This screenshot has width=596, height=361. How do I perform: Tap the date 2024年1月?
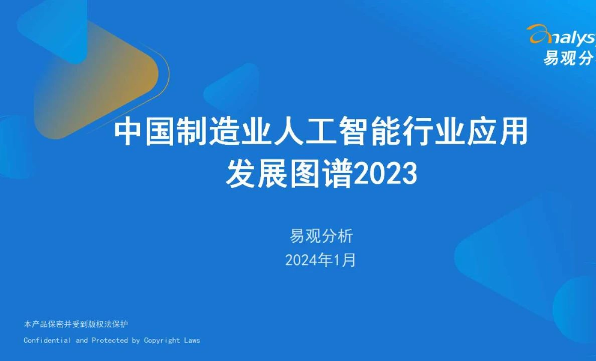(321, 260)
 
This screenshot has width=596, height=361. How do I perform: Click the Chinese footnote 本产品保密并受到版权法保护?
(76, 324)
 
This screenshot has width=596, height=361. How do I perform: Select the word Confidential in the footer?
(48, 340)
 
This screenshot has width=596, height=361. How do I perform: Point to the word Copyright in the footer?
(162, 340)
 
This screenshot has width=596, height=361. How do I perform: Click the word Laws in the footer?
(192, 340)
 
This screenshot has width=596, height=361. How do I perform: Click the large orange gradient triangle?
(95, 80)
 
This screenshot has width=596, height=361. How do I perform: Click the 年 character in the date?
(328, 260)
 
